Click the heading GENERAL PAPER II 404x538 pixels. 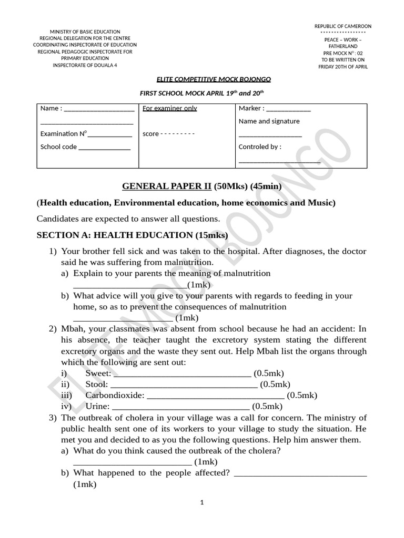click(167, 186)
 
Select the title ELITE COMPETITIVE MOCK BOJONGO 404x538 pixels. click(214, 79)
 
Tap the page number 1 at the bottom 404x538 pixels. click(202, 502)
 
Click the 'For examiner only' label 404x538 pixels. click(170, 108)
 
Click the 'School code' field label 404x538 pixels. click(58, 147)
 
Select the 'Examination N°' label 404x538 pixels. click(64, 134)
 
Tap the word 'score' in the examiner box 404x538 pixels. click(150, 134)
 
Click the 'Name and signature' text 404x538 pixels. click(269, 121)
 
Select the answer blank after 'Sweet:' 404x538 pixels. click(182, 374)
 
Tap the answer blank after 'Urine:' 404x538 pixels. click(181, 407)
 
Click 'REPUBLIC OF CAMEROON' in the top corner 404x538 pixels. click(342, 26)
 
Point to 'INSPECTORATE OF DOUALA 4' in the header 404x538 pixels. click(84, 65)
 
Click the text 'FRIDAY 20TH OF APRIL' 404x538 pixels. click(343, 67)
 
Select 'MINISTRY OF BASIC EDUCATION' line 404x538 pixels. click(85, 32)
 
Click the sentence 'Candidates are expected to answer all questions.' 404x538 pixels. click(128, 219)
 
